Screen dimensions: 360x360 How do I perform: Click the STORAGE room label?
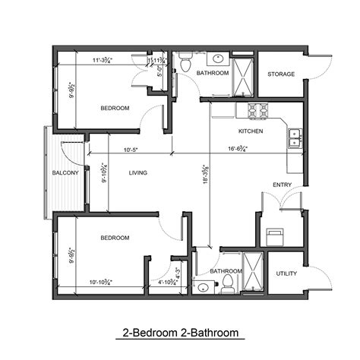click(280, 74)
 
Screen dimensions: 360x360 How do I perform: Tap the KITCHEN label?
click(251, 131)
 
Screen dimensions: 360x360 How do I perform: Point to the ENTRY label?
click(281, 185)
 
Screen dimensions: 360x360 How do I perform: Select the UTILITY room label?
click(286, 273)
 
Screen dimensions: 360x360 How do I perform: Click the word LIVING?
click(137, 173)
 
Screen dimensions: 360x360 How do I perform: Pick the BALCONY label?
click(66, 173)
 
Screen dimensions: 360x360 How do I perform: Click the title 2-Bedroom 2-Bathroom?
click(180, 333)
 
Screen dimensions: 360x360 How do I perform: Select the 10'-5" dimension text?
click(131, 149)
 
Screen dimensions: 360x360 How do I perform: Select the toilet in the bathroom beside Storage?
click(184, 65)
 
